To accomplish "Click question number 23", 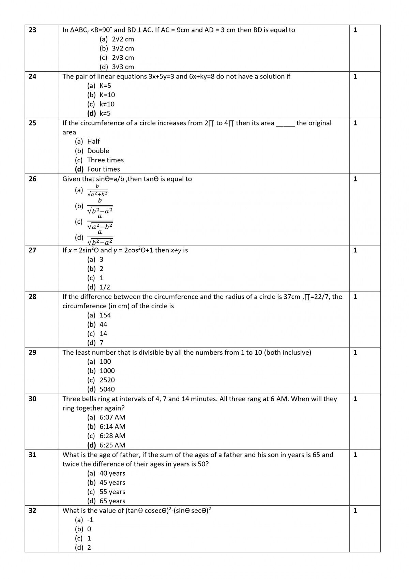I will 32,30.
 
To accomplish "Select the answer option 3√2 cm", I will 123,48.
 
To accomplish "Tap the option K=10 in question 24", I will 107,95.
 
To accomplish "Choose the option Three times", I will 105,160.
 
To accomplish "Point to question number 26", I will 32,179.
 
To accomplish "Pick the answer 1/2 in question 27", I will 105,287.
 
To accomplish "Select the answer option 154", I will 105,315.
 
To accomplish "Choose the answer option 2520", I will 107,380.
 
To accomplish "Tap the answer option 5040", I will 107,389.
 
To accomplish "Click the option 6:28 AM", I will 112,436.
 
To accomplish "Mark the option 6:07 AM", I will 112,417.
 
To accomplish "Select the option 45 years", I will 112,482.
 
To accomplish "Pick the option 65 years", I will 112,501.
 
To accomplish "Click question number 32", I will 32,511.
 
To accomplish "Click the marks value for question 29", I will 355,353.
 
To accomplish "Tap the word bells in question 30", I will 89,399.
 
